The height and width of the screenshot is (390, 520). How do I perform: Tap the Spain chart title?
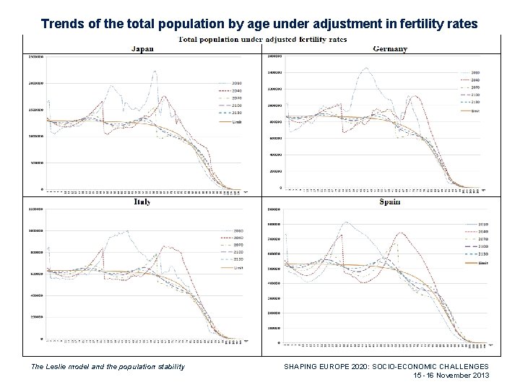pyautogui.click(x=391, y=202)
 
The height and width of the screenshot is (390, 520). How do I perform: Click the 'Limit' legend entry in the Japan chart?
pyautogui.click(x=235, y=124)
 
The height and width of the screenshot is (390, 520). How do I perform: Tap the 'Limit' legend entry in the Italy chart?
pyautogui.click(x=235, y=267)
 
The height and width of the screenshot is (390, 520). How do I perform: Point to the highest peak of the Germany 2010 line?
pyautogui.click(x=366, y=69)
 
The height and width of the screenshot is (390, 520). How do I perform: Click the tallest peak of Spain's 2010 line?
pyautogui.click(x=347, y=222)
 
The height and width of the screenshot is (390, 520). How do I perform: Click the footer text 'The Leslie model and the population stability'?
pyautogui.click(x=108, y=367)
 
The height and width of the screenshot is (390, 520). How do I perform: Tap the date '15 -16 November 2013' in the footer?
pyautogui.click(x=451, y=376)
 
